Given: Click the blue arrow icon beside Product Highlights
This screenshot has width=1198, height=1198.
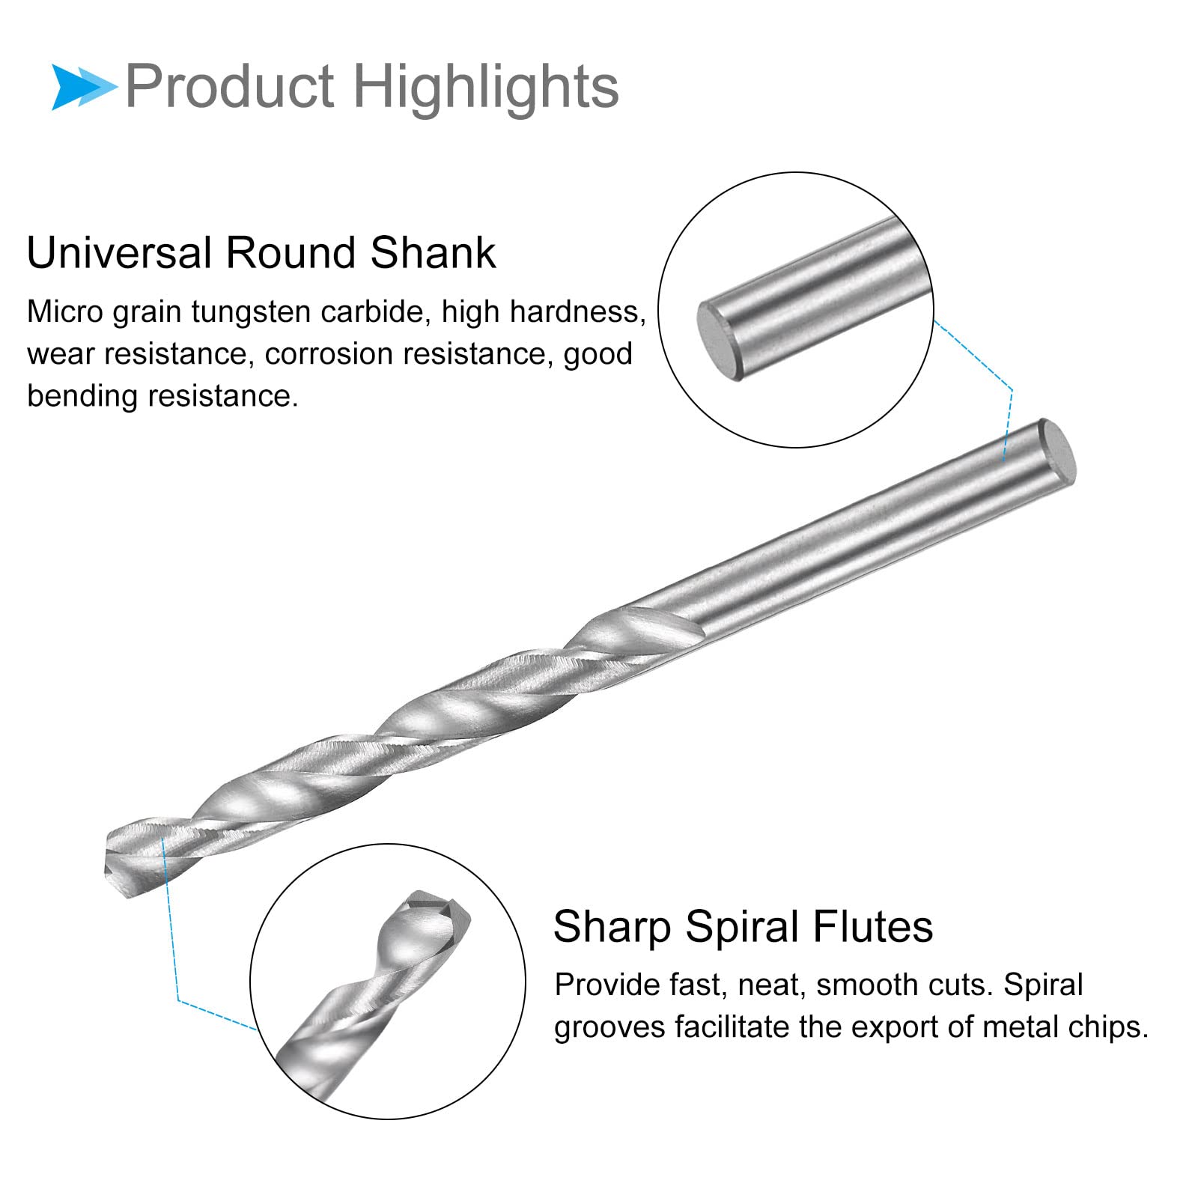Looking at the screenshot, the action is (82, 87).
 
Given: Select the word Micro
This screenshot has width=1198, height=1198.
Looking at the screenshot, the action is (64, 311).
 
